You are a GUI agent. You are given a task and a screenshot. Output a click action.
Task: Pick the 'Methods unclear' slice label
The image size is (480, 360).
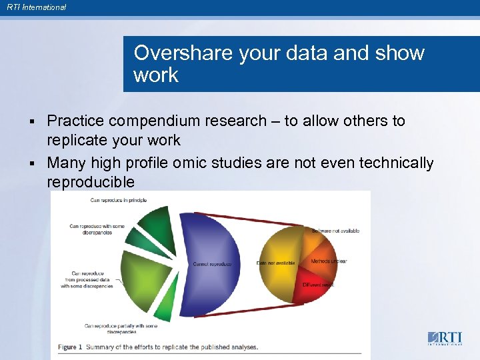pyautogui.click(x=329, y=261)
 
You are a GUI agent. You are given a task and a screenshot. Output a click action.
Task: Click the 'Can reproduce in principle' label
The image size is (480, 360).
pyautogui.click(x=118, y=200)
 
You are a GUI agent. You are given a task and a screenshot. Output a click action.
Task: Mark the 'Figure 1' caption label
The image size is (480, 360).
pyautogui.click(x=71, y=347)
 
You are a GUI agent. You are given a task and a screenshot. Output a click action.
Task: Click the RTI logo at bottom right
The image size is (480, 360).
pyautogui.click(x=443, y=337)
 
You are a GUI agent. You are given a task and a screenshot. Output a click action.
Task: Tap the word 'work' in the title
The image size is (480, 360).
pyautogui.click(x=156, y=75)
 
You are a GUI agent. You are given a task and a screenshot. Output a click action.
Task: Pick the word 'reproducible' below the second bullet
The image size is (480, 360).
pyautogui.click(x=91, y=182)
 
